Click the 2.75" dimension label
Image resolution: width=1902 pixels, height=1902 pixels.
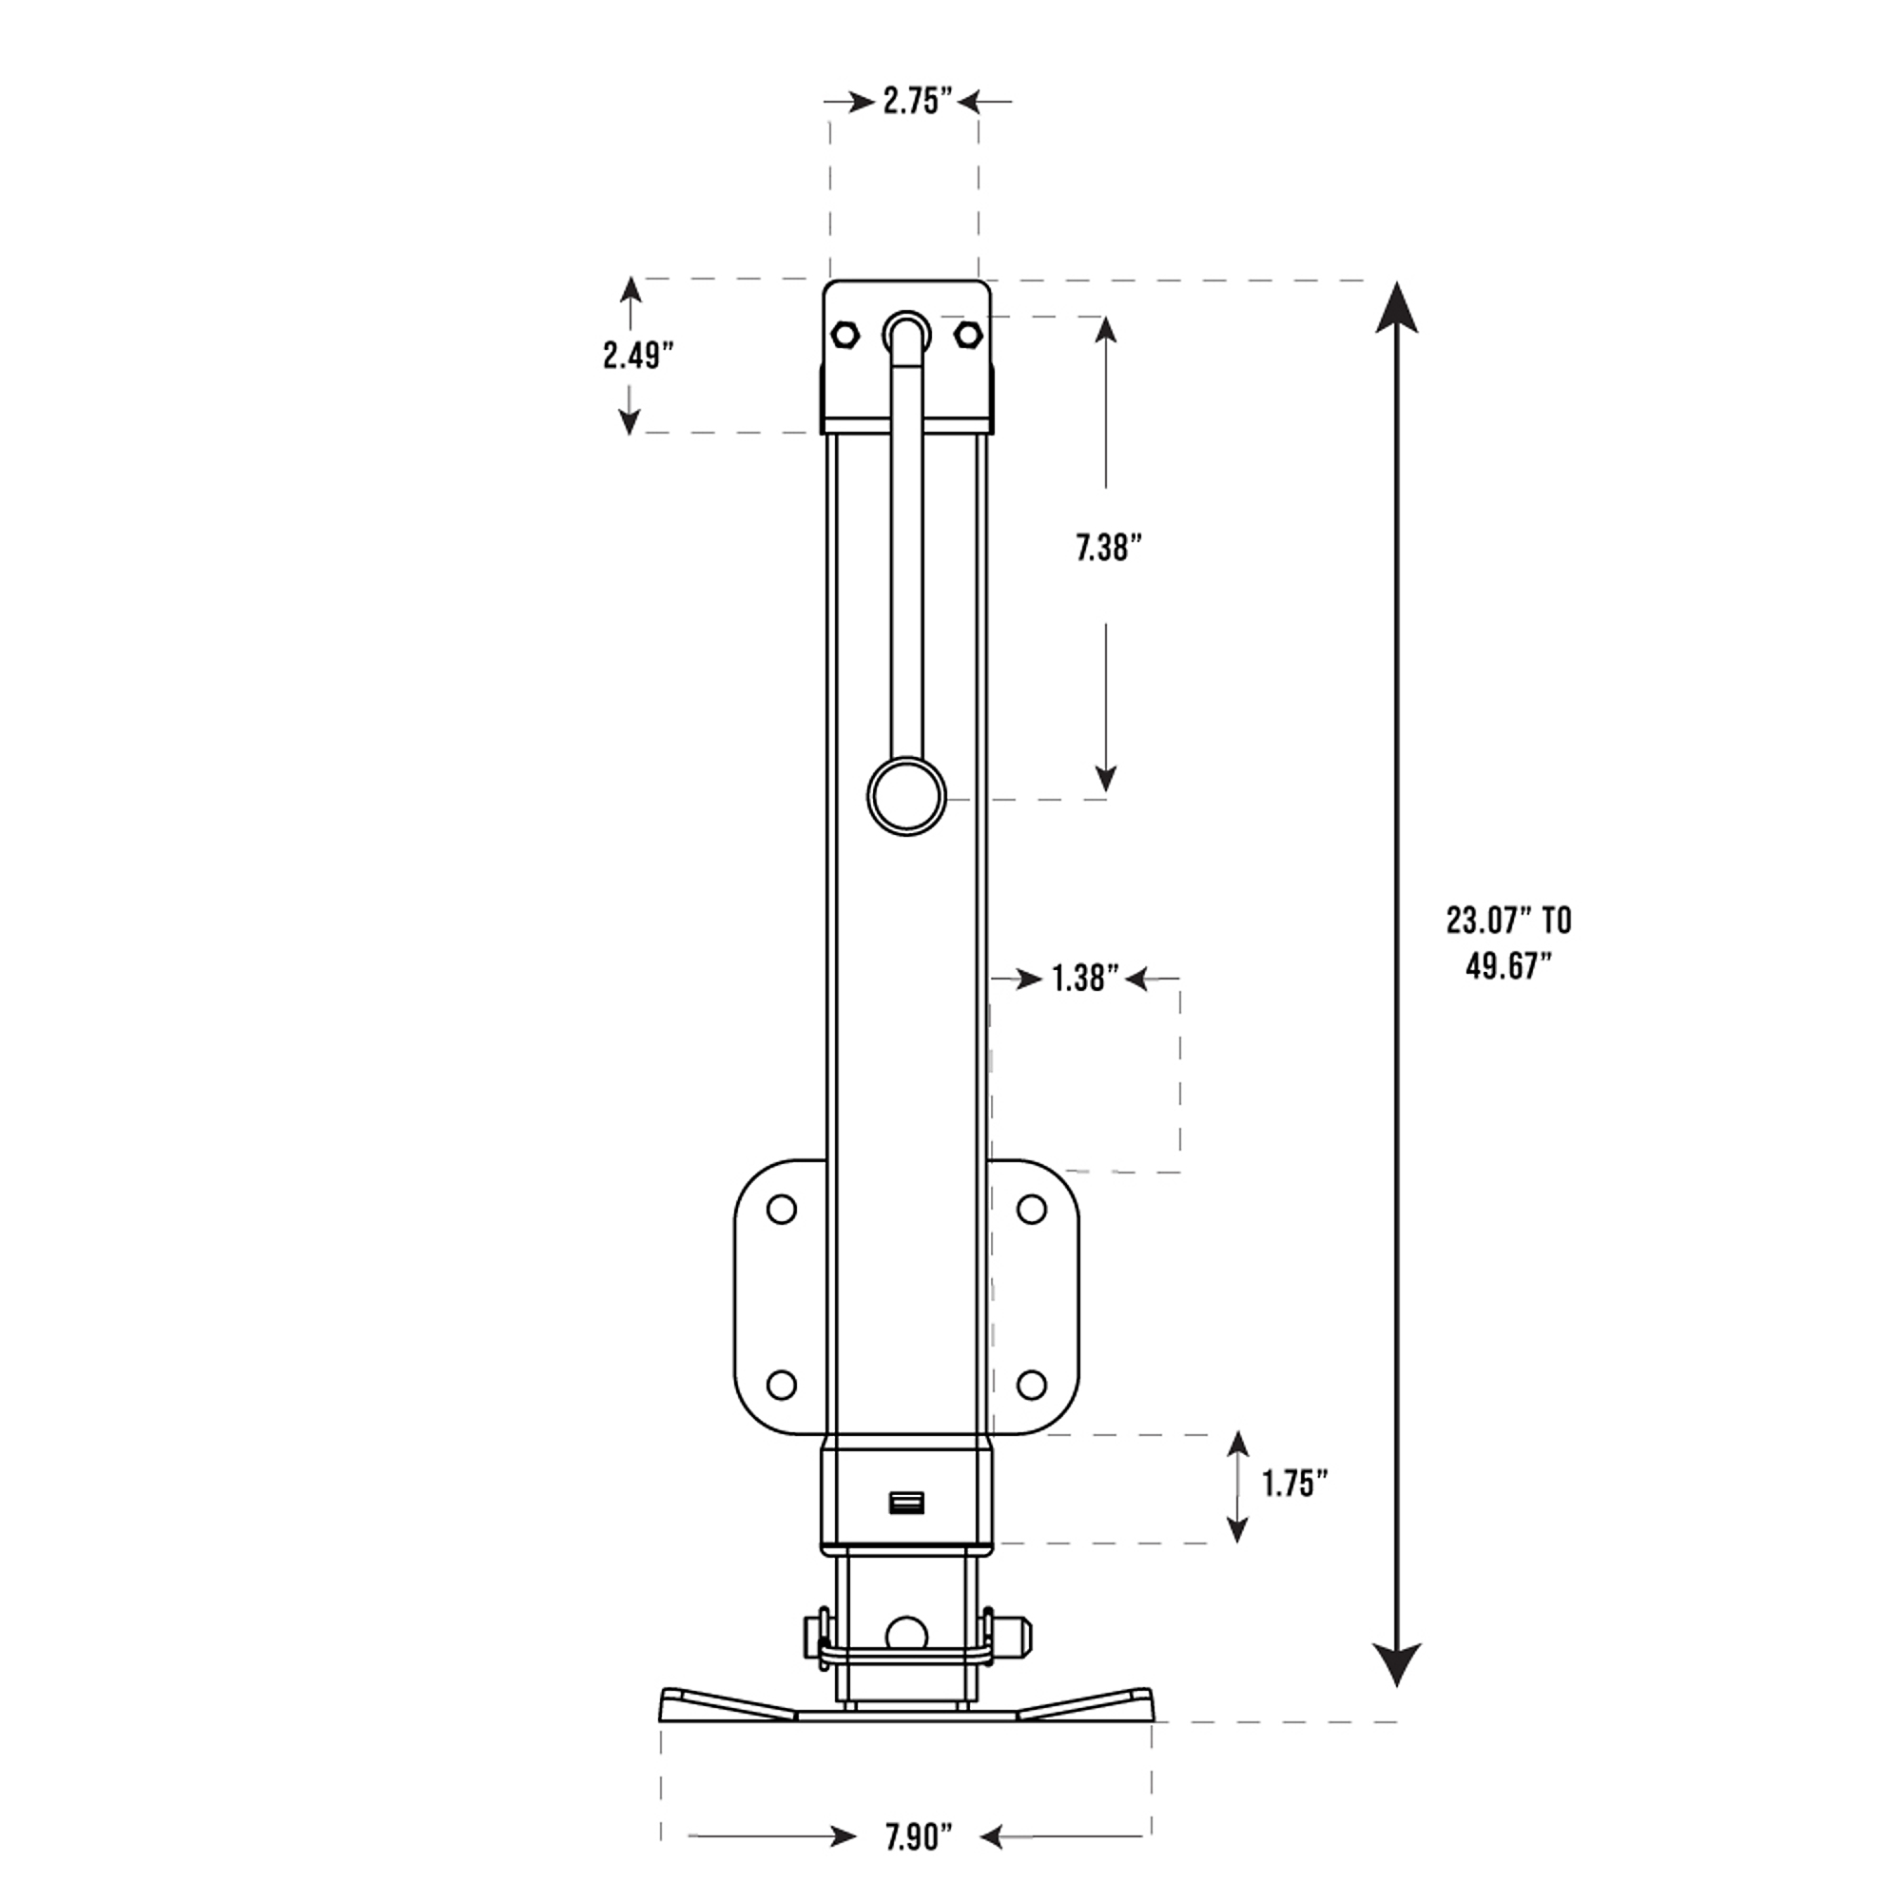point(917,103)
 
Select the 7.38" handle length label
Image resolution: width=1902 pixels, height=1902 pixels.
point(1108,549)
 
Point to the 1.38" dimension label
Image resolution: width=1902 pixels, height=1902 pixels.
point(1084,979)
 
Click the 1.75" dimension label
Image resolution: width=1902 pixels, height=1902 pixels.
point(1295,1484)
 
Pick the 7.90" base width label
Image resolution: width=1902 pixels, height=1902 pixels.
point(919,1837)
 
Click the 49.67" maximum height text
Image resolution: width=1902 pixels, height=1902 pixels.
point(1507,967)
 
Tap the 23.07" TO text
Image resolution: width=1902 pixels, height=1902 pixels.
point(1508,922)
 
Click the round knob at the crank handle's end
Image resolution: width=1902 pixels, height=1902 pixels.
point(905,796)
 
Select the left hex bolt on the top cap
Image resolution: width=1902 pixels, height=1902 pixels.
point(844,335)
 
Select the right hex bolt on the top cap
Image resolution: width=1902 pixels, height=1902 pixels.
point(968,335)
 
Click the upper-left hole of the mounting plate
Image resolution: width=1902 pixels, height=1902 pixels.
point(781,1209)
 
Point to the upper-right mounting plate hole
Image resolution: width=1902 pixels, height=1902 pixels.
point(1031,1209)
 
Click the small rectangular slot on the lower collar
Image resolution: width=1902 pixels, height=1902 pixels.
point(905,1504)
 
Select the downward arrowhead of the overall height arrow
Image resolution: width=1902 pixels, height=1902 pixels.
point(1396,1662)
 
